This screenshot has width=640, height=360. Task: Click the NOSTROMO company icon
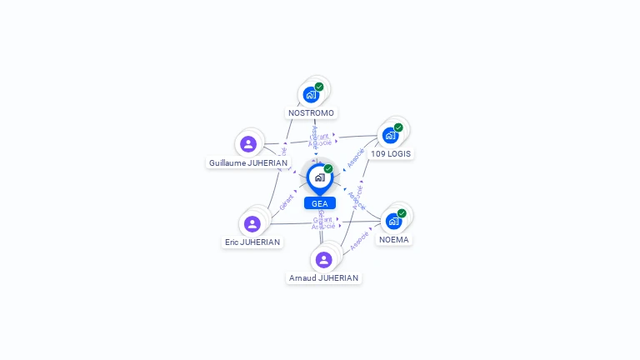[312, 94]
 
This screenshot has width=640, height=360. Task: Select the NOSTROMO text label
[311, 113]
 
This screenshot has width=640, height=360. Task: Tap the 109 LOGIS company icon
[390, 135]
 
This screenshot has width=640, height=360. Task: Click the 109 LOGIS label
[391, 154]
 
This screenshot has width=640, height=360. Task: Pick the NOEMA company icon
[393, 221]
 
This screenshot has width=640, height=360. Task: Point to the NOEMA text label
[394, 240]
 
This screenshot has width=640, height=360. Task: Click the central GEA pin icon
[319, 177]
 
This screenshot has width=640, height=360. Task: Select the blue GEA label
[319, 203]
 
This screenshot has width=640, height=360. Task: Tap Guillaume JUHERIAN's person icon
[248, 144]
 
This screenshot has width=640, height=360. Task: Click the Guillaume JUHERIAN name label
[248, 163]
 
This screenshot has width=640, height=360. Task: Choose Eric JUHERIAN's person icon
[252, 223]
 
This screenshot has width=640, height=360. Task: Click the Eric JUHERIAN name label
[252, 242]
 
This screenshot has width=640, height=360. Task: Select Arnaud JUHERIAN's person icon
[324, 259]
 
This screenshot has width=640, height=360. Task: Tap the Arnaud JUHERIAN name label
[323, 278]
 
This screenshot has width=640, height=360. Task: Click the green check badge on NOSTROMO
[319, 87]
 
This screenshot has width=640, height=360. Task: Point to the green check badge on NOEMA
[402, 213]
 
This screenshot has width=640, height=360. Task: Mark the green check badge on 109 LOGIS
[398, 127]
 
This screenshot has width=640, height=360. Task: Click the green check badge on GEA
[328, 169]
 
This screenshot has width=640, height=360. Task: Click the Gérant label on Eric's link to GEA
[287, 201]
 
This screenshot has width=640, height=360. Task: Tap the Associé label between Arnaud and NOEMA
[360, 240]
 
